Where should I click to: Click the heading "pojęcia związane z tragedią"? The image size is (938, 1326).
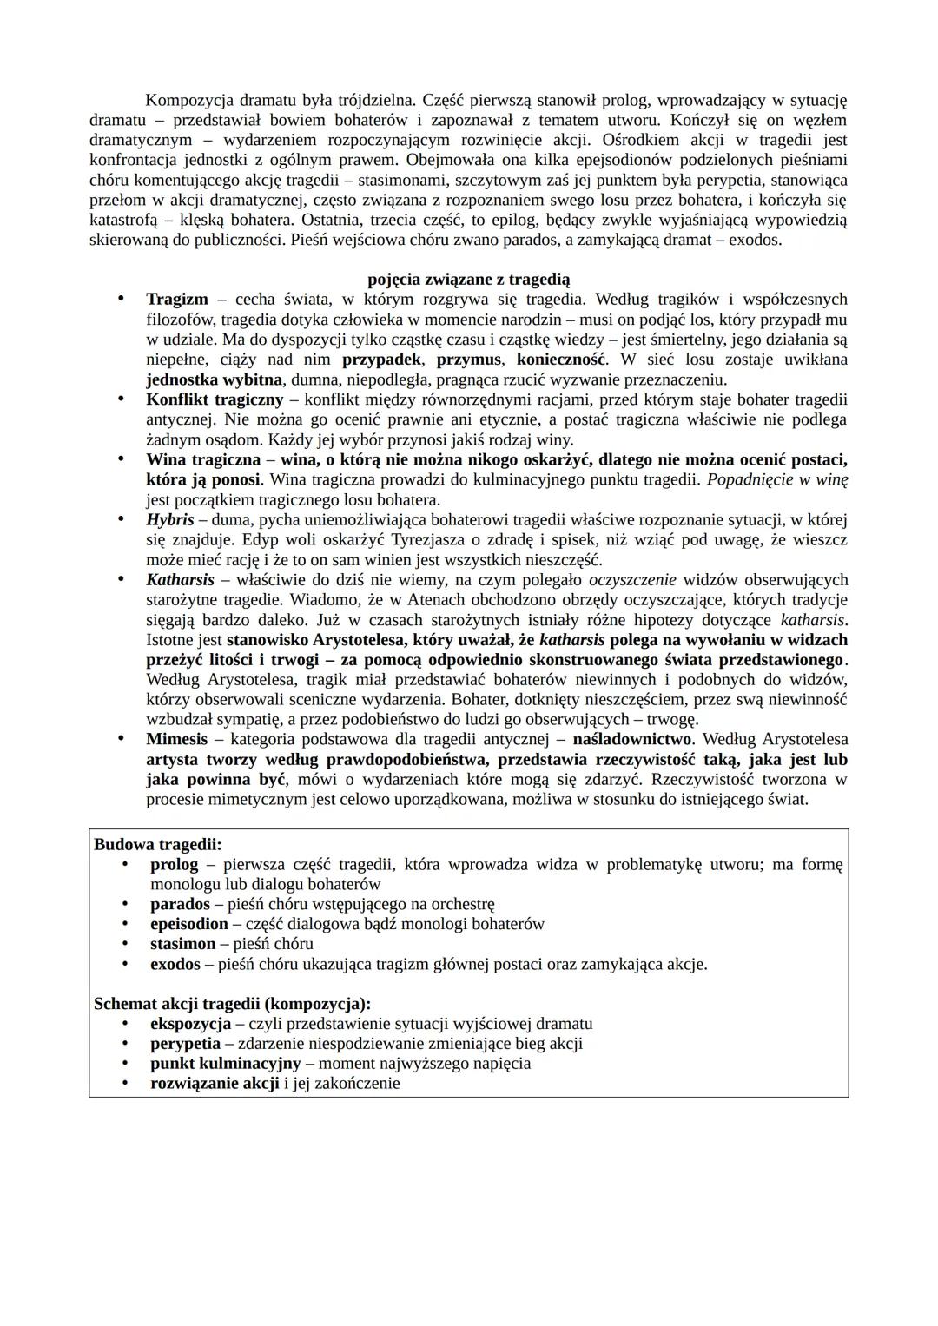469,279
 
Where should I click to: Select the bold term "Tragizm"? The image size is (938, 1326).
177,299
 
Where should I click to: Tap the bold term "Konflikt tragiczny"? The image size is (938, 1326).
215,399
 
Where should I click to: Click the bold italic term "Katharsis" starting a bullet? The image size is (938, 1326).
180,579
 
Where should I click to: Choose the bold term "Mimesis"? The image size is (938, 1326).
177,739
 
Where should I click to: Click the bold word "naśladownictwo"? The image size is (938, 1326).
632,739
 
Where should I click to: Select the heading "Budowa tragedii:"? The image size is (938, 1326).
158,844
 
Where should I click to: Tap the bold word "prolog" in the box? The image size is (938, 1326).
174,864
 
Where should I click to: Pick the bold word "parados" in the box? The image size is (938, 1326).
180,904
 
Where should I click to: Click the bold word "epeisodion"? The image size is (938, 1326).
189,924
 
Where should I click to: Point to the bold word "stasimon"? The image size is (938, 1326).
182,944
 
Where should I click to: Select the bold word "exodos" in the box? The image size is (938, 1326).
175,964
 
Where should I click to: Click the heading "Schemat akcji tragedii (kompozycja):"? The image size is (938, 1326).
232,1004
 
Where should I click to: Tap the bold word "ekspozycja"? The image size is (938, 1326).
190,1024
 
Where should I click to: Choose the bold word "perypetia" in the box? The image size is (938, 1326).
185,1044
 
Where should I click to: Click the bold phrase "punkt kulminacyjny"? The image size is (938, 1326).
225,1064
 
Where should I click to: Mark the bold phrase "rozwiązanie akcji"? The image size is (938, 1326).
215,1084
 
